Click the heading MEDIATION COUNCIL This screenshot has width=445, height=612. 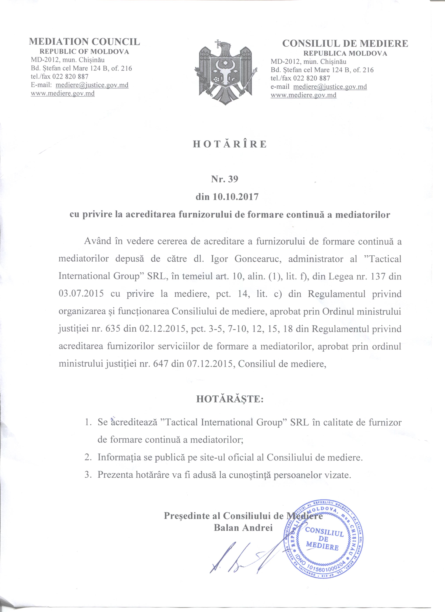(x=84, y=42)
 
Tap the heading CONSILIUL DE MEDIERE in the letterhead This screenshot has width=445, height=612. (x=345, y=43)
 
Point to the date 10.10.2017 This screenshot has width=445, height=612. (x=235, y=197)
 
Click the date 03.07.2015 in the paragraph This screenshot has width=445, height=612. (x=81, y=294)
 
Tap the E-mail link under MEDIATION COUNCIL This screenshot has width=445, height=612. (x=92, y=85)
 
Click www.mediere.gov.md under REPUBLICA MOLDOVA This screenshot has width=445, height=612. (x=303, y=95)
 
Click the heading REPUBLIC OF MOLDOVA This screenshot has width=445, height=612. (x=84, y=52)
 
